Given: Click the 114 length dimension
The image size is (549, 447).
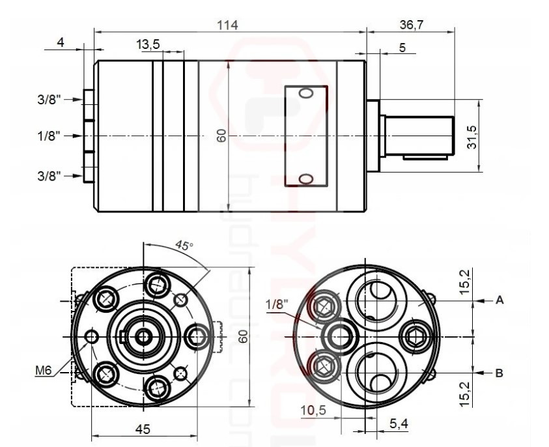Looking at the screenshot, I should pyautogui.click(x=229, y=24).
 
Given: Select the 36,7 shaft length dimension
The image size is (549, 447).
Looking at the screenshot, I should pyautogui.click(x=411, y=24).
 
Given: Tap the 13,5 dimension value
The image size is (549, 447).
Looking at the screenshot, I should pyautogui.click(x=148, y=44).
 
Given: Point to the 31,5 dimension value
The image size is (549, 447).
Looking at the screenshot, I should pyautogui.click(x=472, y=137).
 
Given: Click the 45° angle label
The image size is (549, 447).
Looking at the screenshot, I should pyautogui.click(x=184, y=246).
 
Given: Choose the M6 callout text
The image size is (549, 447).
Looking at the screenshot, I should pyautogui.click(x=44, y=371).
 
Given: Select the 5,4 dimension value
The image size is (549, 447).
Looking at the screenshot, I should pyautogui.click(x=399, y=424).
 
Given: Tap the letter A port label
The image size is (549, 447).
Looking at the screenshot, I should pyautogui.click(x=499, y=300).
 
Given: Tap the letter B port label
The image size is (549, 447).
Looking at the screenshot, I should pyautogui.click(x=499, y=373).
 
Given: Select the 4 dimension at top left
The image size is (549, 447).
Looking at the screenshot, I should pyautogui.click(x=61, y=42).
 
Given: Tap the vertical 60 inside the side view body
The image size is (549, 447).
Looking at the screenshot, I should pyautogui.click(x=221, y=136).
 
